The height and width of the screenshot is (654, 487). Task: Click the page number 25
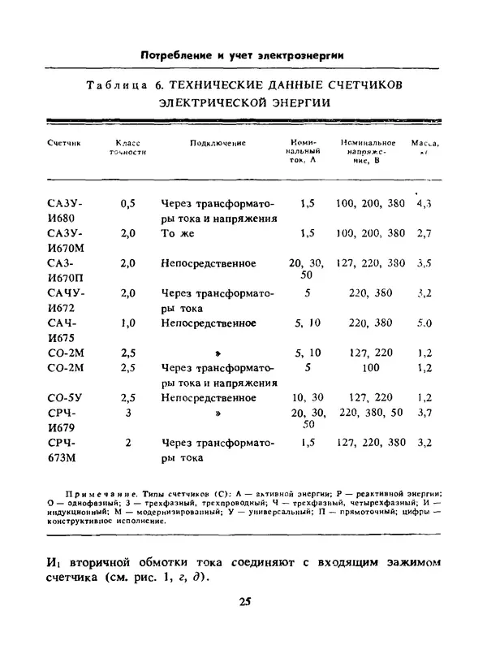click(246, 601)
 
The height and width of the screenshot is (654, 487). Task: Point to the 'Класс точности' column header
click(127, 147)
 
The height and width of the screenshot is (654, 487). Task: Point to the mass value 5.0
click(423, 323)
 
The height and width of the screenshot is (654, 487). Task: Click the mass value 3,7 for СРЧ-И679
click(423, 413)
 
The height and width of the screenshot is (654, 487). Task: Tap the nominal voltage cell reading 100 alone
click(370, 367)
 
